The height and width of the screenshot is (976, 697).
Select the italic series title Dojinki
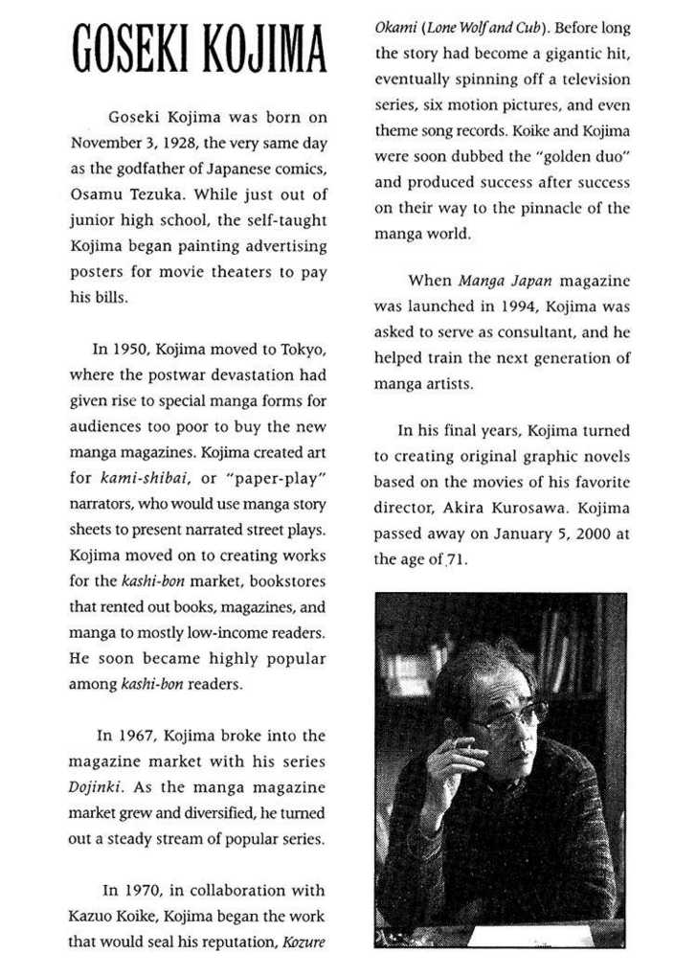[95, 786]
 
